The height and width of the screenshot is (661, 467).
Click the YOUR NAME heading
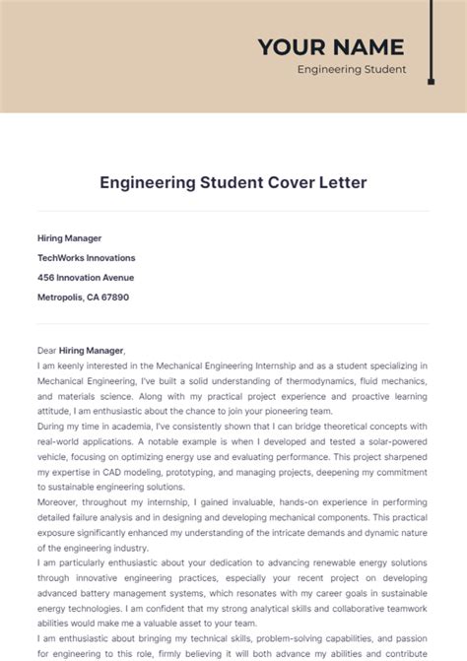click(x=330, y=46)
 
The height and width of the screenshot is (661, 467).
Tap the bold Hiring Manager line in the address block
click(x=69, y=238)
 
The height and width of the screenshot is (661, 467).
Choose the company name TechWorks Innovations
click(x=87, y=257)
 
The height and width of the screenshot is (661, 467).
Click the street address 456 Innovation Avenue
click(x=86, y=277)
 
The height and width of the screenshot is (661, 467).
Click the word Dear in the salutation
click(x=47, y=350)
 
